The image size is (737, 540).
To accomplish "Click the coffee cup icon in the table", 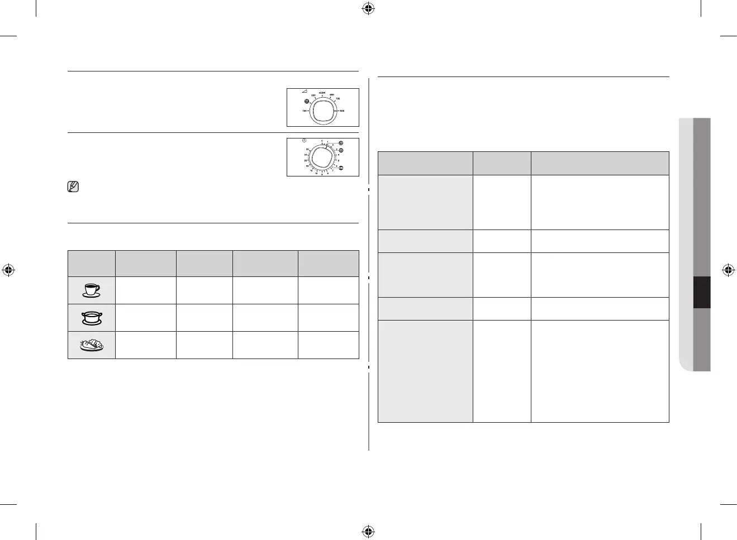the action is click(x=91, y=290).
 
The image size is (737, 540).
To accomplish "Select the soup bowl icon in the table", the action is click(x=91, y=318).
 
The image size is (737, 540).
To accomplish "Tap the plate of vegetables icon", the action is click(x=91, y=345).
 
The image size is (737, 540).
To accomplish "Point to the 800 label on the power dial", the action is click(x=342, y=111).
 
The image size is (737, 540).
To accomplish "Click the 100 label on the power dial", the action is click(x=305, y=111).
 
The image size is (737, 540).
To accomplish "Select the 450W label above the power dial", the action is click(x=322, y=93).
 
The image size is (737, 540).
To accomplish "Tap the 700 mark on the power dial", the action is click(x=338, y=99).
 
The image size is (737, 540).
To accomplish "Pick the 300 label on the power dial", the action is click(x=313, y=96).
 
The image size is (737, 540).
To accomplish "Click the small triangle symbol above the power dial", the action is click(x=304, y=92).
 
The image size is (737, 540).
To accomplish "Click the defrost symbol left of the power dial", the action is click(x=307, y=102).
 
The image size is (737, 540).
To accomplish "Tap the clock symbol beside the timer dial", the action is click(x=304, y=141).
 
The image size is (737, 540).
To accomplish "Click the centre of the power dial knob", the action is click(x=322, y=111).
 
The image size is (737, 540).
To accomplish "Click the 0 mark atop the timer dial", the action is click(x=322, y=141).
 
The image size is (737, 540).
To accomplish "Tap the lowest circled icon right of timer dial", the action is click(x=340, y=168).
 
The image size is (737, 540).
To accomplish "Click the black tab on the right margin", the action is click(x=702, y=292).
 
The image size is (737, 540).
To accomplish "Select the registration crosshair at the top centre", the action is click(x=368, y=8).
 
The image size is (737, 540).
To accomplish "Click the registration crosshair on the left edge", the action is click(x=8, y=270).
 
